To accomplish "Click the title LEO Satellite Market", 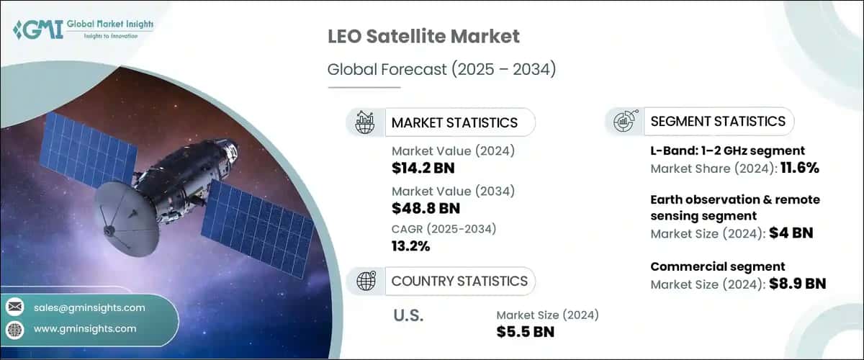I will (x=423, y=36).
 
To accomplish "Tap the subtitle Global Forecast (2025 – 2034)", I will (x=430, y=69).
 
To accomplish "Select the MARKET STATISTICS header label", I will (x=454, y=122).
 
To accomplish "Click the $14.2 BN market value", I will (x=423, y=168).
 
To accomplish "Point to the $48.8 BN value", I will (x=425, y=208).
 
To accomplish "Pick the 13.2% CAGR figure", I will (x=410, y=247).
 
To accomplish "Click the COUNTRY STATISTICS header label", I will (x=459, y=281).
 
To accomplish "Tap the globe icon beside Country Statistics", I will (x=365, y=281).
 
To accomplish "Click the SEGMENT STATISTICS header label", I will (x=717, y=121).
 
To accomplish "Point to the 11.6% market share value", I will (x=795, y=168).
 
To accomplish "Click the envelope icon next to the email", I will (x=14, y=307).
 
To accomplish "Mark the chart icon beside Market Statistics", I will (x=365, y=122).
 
